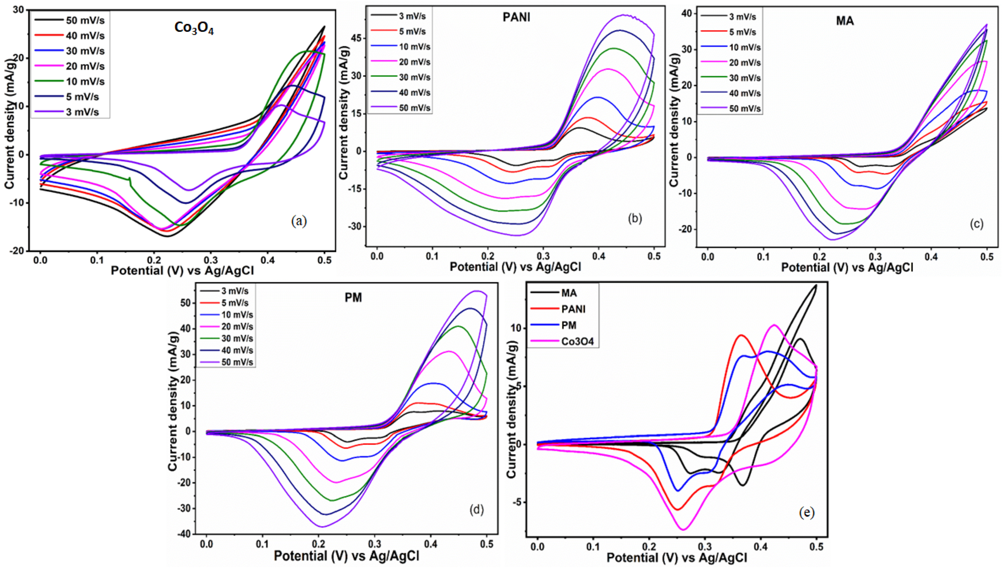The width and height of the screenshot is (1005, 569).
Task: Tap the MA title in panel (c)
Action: click(x=845, y=21)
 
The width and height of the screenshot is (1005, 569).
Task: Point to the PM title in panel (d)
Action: click(x=353, y=298)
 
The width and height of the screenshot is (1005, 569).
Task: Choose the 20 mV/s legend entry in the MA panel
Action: click(x=731, y=63)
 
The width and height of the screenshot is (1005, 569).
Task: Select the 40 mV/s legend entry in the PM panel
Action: click(x=227, y=350)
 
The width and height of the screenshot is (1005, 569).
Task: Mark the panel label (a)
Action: click(x=299, y=221)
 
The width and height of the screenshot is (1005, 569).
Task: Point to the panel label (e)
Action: click(x=807, y=513)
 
